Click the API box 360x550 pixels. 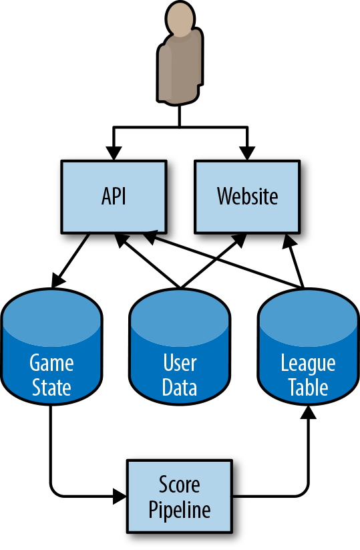click(114, 196)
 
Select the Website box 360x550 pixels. click(247, 196)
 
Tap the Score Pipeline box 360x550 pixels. click(180, 497)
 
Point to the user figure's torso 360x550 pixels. click(180, 68)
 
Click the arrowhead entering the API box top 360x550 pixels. click(114, 153)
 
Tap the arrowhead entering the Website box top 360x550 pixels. click(247, 153)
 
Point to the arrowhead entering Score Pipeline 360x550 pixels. click(120, 497)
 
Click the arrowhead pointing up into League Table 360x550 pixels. click(309, 412)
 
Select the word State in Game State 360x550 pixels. click(51, 387)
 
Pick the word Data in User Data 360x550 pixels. click(180, 387)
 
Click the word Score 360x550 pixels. click(180, 484)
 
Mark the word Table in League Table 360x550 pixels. click(308, 387)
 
